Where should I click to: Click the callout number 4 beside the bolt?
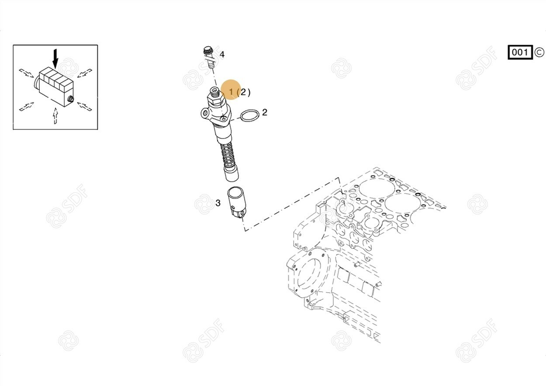(222, 54)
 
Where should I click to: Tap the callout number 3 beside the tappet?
(218, 203)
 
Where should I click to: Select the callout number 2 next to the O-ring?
(265, 112)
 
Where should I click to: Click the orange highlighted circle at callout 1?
(231, 89)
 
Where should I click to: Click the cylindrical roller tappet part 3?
(236, 202)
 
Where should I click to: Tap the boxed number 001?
(520, 52)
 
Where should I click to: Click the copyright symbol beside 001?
(539, 52)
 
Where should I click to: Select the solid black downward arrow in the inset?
(55, 58)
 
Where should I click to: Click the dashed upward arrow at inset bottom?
(55, 116)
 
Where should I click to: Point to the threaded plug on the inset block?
(71, 99)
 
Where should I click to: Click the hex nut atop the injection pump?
(214, 97)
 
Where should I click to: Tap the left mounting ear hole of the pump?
(205, 113)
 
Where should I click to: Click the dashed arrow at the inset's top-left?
(27, 73)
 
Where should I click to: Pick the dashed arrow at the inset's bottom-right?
(84, 106)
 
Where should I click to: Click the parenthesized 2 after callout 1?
(244, 92)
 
